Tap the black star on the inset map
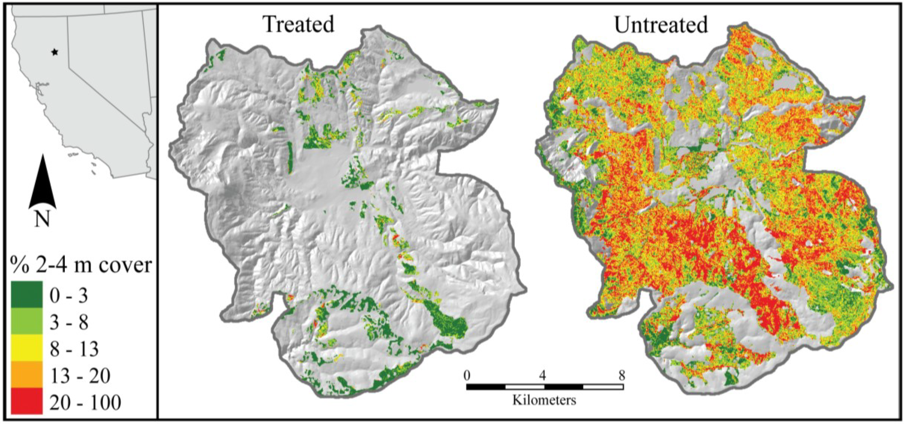pyautogui.click(x=54, y=52)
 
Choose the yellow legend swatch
pyautogui.click(x=27, y=347)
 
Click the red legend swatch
pyautogui.click(x=27, y=400)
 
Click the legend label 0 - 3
pyautogui.click(x=69, y=296)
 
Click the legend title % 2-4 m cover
pyautogui.click(x=81, y=265)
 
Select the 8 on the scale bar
pyautogui.click(x=621, y=376)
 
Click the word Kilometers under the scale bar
pyautogui.click(x=544, y=400)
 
